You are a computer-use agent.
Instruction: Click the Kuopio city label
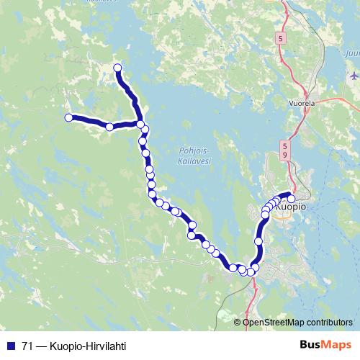tap(291, 207)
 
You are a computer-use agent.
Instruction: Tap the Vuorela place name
tap(302, 103)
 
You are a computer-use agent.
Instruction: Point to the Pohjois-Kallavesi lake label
tap(192, 156)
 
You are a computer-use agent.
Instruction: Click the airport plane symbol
tap(353, 75)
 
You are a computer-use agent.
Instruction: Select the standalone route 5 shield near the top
tap(280, 37)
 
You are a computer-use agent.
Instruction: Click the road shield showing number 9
tap(285, 155)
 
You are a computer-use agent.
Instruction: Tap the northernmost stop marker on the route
tap(117, 68)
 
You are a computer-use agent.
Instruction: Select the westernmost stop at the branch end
tap(68, 117)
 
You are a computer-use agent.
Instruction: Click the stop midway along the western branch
tap(109, 127)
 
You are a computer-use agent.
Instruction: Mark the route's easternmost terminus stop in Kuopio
tap(292, 195)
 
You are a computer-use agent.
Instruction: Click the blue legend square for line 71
tap(11, 345)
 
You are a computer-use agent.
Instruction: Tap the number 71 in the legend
tap(27, 345)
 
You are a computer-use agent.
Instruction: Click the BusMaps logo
tap(325, 344)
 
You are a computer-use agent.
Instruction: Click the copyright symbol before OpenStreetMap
tap(238, 322)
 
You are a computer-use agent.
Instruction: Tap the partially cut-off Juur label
tap(351, 53)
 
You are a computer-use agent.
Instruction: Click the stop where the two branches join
tap(140, 125)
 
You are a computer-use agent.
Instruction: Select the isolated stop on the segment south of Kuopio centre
tap(258, 241)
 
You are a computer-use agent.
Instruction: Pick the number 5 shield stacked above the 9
tap(285, 146)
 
